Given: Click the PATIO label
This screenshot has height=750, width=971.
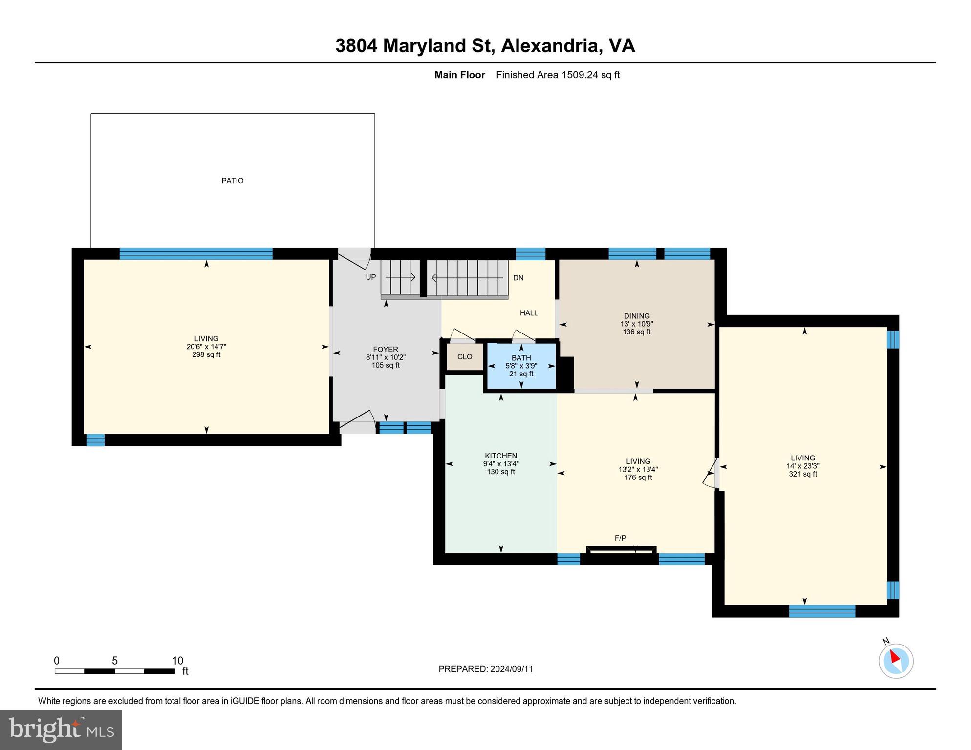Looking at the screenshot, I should pos(232,181).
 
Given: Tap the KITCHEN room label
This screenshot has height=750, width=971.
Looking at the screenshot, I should pos(501,456).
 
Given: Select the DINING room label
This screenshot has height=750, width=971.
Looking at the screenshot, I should pos(636,316).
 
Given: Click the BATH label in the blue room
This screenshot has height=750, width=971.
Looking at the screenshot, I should pos(521,358).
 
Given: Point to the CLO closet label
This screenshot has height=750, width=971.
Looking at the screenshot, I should pos(465,357).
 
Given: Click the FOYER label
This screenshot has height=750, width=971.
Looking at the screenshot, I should pos(386,349).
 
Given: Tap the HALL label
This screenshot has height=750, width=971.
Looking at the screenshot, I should pos(529,313).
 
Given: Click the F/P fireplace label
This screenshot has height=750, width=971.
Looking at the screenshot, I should pos(620,538).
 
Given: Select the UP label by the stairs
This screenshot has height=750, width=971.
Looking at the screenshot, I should pos(371,277).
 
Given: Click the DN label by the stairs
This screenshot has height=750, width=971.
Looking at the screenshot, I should pos(518,278).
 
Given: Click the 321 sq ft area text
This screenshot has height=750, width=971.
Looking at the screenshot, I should pos(802,474).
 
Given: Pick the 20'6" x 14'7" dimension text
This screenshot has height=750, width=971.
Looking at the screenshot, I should pos(206,347).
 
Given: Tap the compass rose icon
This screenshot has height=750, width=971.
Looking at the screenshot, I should pos(896,661).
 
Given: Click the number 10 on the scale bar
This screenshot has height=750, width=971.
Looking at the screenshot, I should pos(177,661).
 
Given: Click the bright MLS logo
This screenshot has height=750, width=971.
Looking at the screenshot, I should pos(61,729).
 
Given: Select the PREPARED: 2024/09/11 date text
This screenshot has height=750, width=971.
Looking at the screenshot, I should pos(486,669).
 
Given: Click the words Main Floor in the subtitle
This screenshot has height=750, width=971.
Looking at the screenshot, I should pos(459,75).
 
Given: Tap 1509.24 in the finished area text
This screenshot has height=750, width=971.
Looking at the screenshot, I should pos(580,75).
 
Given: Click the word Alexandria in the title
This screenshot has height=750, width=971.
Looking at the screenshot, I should pos(550,45).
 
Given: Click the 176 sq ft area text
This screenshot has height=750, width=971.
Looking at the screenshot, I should pos(638,478).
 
